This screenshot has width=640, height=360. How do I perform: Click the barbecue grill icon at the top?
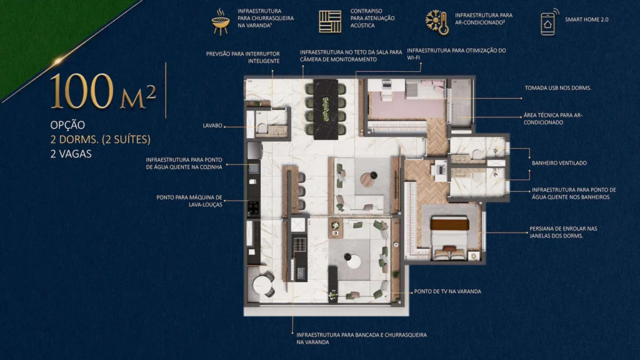[219, 22]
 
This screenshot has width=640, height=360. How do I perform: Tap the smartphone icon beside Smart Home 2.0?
[548, 22]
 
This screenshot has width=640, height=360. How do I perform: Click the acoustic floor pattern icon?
[330, 22]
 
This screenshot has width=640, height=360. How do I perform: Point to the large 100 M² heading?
[102, 91]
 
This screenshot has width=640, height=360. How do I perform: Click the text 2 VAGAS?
[71, 154]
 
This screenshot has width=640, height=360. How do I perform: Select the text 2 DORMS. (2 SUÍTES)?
[100, 139]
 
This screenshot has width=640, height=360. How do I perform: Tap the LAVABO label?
[212, 126]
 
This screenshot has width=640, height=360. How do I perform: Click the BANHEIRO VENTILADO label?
[559, 163]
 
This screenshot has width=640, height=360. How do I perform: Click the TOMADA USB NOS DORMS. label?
[557, 88]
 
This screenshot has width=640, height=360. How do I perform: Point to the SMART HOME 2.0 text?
[586, 20]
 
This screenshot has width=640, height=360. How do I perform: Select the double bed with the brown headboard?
[449, 237]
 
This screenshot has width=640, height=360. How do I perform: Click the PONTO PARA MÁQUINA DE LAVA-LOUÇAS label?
[189, 201]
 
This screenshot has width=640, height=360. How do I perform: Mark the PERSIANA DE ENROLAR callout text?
[563, 232]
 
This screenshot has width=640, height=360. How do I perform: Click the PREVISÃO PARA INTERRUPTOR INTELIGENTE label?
[242, 57]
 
